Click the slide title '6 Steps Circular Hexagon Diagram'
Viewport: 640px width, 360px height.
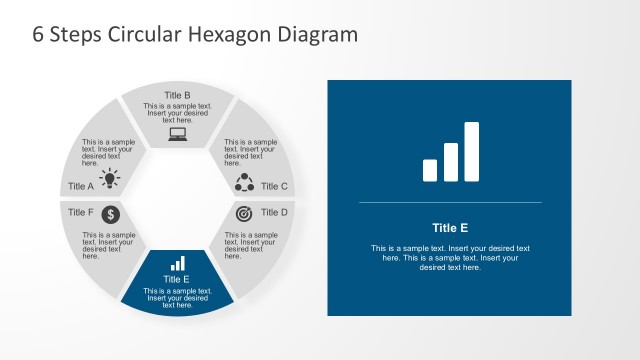pyautogui.click(x=194, y=35)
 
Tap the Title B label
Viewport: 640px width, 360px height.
pyautogui.click(x=178, y=96)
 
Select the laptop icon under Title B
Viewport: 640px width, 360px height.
pyautogui.click(x=178, y=134)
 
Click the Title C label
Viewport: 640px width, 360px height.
pyautogui.click(x=274, y=186)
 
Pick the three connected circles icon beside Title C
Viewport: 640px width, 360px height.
pyautogui.click(x=245, y=182)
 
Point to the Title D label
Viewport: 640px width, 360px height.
pyautogui.click(x=274, y=212)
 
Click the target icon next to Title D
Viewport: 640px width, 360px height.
pyautogui.click(x=245, y=214)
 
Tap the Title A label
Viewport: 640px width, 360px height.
pyautogui.click(x=81, y=186)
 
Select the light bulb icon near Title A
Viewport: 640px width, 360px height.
pyautogui.click(x=110, y=180)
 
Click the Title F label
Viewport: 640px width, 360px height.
pyautogui.click(x=81, y=212)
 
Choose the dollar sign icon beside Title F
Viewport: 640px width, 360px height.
pyautogui.click(x=111, y=214)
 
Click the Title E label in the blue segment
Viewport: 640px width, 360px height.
pyautogui.click(x=178, y=279)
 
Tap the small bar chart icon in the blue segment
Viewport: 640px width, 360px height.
pyautogui.click(x=178, y=264)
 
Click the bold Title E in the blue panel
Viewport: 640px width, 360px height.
pyautogui.click(x=449, y=227)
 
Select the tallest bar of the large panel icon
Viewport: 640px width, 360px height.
pyautogui.click(x=472, y=152)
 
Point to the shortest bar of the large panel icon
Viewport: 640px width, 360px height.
pyautogui.click(x=430, y=171)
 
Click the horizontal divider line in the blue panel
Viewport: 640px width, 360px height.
pyautogui.click(x=449, y=203)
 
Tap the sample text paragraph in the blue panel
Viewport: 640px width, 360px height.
pyautogui.click(x=449, y=258)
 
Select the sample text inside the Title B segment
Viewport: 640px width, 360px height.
pyautogui.click(x=178, y=113)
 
